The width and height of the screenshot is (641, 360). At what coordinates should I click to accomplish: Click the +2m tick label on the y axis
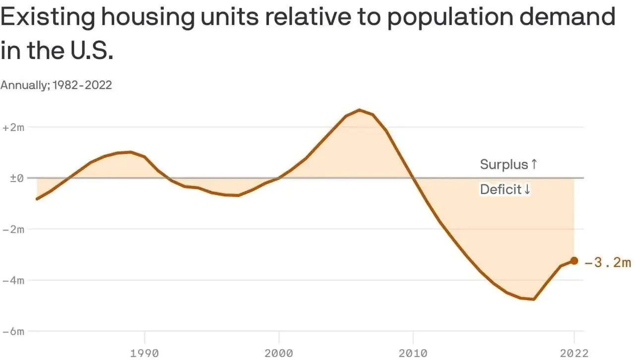13,127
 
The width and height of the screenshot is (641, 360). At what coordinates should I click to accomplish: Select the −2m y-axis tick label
13,229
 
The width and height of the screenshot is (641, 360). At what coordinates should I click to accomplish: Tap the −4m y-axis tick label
13,280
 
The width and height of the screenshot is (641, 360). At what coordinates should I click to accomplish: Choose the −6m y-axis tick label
13,331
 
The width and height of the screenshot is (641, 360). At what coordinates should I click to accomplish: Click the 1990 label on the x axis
144,353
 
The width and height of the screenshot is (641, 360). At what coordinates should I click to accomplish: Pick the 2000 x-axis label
279,353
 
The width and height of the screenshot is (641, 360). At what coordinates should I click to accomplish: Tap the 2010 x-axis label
413,353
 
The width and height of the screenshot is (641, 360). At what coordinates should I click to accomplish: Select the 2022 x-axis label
574,353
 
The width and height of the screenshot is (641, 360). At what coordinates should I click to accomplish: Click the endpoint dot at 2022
574,261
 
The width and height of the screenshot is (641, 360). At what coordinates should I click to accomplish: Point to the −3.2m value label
608,262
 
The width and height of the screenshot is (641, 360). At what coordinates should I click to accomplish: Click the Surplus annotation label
504,165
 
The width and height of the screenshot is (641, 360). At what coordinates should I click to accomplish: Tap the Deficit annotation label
500,189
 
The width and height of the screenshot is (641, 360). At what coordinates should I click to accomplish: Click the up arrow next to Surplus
534,165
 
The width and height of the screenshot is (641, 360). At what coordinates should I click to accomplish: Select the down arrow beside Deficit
527,189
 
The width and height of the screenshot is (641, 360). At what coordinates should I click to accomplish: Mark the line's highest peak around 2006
360,110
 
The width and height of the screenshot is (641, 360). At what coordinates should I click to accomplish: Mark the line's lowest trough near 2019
533,299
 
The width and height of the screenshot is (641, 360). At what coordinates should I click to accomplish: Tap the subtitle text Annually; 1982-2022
56,85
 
